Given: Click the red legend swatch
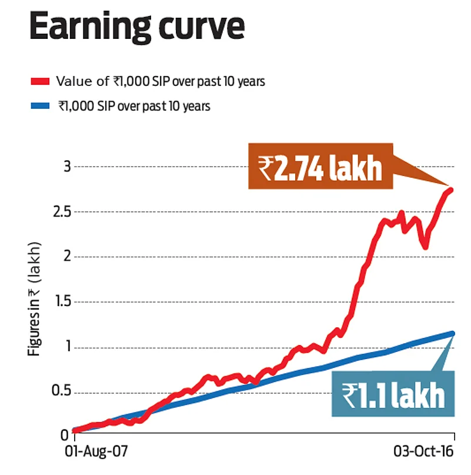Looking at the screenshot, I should tap(41, 81).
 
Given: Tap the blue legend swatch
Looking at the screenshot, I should tap(41, 106).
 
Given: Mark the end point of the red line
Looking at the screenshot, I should tap(452, 190).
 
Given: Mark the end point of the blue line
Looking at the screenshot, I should tap(453, 333).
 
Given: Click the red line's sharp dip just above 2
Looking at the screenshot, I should tap(425, 247).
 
